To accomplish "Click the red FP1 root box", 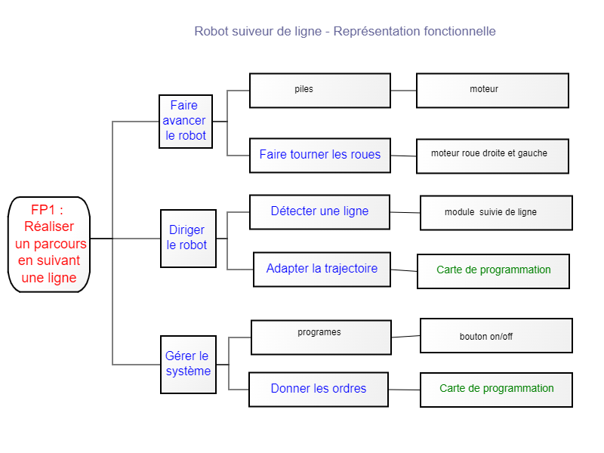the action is coord(49,245).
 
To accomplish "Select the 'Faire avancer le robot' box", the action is coord(186,122).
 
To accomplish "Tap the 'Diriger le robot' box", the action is coord(188,239).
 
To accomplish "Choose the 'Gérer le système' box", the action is coord(188,365).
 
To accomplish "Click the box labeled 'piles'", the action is coord(320,91).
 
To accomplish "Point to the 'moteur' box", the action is coord(492,91).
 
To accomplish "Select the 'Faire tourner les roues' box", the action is coord(320,156).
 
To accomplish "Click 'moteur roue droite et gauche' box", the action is coord(492,156).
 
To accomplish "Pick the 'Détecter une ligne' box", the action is coord(319,212).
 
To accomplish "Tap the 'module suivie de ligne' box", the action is coord(496,213).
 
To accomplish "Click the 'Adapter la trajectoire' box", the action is coord(322,270).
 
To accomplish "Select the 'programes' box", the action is coord(322,337).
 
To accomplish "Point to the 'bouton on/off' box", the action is coord(496,335).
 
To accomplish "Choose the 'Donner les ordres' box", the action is coord(319,390).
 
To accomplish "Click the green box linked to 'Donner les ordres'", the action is coord(496,390).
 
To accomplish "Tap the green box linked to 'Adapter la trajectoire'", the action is coord(493,271).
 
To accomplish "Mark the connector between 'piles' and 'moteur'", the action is coord(403,91).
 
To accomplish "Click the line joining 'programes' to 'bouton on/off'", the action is coord(405,336).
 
